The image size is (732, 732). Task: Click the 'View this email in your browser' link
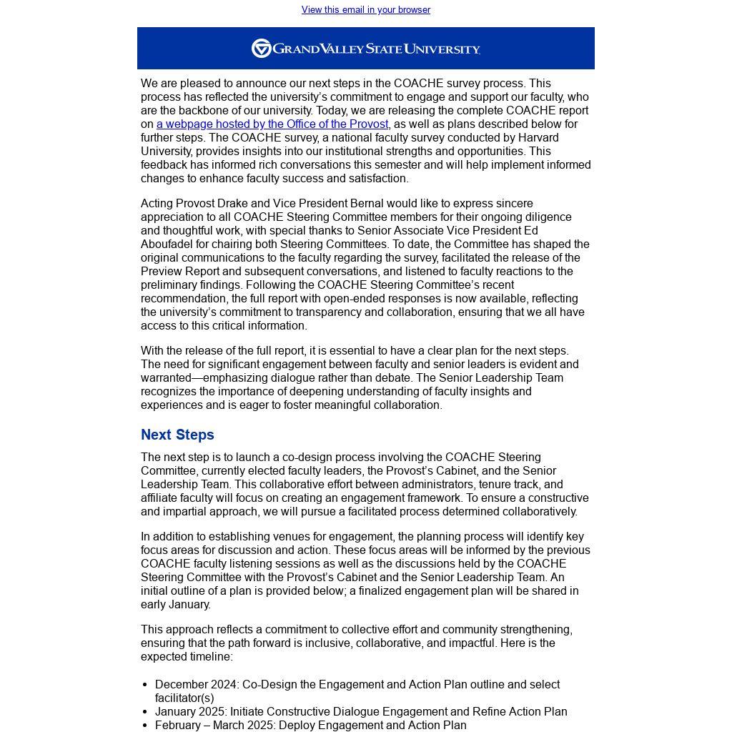click(x=365, y=10)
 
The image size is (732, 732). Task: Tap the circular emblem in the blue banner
click(x=261, y=49)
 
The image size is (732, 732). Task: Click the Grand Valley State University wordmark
click(x=376, y=49)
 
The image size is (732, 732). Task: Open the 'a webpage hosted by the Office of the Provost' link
click(x=272, y=124)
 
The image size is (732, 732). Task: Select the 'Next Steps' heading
click(x=177, y=435)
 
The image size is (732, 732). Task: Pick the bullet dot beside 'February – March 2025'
click(x=145, y=726)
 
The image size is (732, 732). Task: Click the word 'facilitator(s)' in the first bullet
click(x=184, y=698)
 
